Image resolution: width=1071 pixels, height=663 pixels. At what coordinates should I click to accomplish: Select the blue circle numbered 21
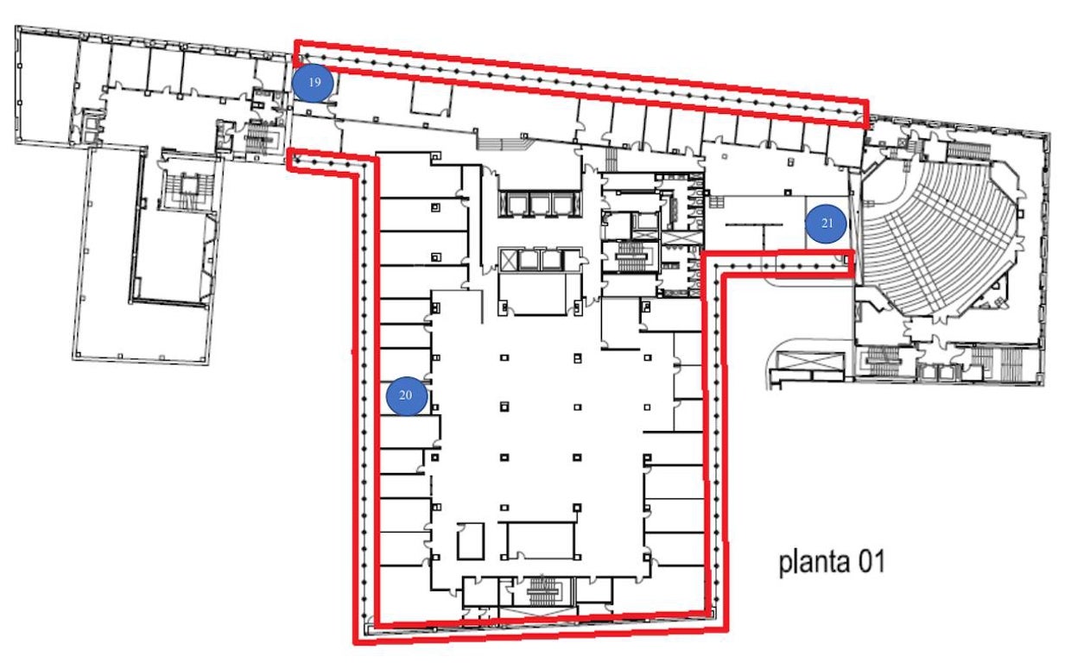pyautogui.click(x=827, y=224)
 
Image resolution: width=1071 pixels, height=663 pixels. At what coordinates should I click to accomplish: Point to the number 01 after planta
pyautogui.click(x=869, y=563)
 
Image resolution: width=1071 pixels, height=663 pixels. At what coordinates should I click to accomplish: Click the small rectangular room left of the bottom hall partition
pyautogui.click(x=472, y=541)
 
